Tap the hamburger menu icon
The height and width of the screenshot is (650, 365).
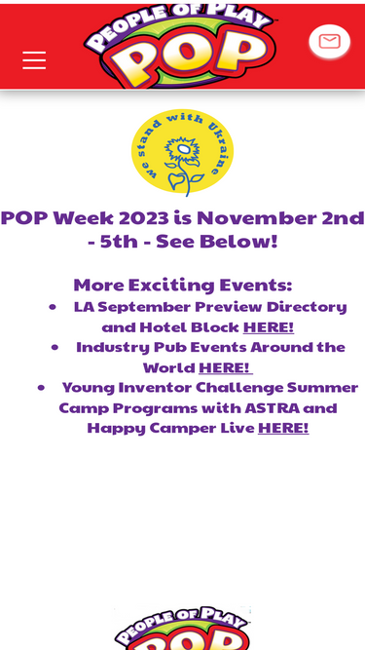coord(34,60)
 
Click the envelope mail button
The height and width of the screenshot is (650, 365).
coord(329,42)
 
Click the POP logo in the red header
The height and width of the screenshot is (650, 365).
coord(180,47)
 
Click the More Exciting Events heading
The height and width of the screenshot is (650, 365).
coord(183,286)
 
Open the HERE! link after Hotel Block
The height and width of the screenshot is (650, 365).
coord(269,327)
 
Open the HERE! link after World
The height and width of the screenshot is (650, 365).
coord(225,367)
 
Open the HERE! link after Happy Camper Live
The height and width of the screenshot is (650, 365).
coord(283,428)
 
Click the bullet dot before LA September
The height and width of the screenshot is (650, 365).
coord(53,307)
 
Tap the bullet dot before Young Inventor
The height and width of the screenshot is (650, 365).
coord(41,388)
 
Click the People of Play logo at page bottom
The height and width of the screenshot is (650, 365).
coord(183,628)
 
